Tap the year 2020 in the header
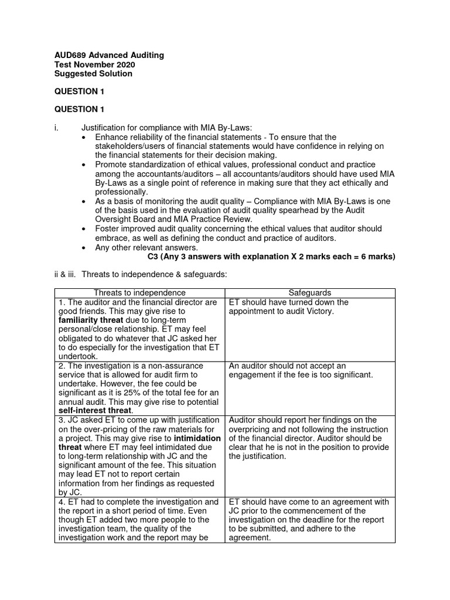point(124,64)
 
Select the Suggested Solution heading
point(93,74)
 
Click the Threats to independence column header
point(139,292)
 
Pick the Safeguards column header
point(310,292)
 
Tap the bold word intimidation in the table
point(197,438)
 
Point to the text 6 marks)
point(379,256)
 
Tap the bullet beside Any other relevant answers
point(86,247)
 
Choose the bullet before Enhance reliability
point(86,137)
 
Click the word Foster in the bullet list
point(107,229)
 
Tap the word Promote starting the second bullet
point(111,165)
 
